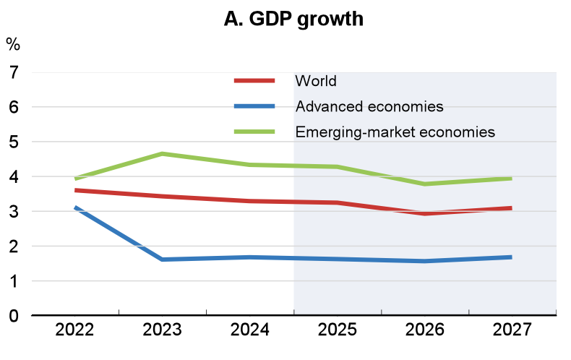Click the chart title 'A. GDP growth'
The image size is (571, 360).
click(x=293, y=19)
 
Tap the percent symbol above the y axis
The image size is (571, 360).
click(x=13, y=44)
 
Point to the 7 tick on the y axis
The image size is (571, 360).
click(x=13, y=72)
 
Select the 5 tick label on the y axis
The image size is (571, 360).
click(x=13, y=142)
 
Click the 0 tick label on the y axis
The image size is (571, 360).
click(x=13, y=315)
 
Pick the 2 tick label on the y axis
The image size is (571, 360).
click(x=13, y=246)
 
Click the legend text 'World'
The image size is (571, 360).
click(x=316, y=80)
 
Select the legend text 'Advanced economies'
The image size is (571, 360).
click(x=369, y=106)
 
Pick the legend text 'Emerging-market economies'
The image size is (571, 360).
click(x=395, y=132)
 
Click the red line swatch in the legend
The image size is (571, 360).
click(x=254, y=80)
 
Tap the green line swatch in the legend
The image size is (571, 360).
click(x=254, y=132)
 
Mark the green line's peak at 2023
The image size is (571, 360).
click(x=162, y=154)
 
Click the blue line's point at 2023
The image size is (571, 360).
click(x=162, y=259)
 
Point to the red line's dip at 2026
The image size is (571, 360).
click(x=425, y=213)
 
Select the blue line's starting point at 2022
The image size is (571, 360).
click(x=75, y=208)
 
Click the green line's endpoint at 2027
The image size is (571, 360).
click(x=511, y=179)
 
